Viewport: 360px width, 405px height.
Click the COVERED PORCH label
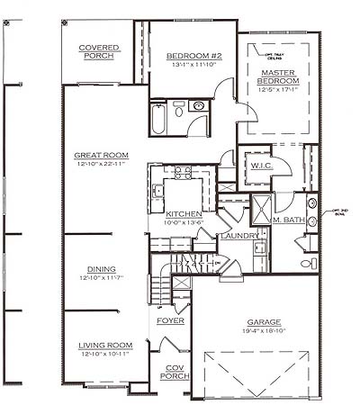[x=100, y=53]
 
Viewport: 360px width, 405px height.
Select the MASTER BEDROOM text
[x=279, y=78]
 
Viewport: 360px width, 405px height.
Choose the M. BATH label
[x=288, y=220]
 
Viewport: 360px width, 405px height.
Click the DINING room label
[x=100, y=269]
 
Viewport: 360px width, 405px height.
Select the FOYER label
[x=170, y=320]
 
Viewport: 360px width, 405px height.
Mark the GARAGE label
[x=264, y=321]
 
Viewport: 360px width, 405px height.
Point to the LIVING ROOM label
[x=107, y=345]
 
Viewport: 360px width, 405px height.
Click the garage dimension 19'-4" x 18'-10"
[x=264, y=331]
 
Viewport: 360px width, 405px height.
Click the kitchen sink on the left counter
[x=156, y=190]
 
